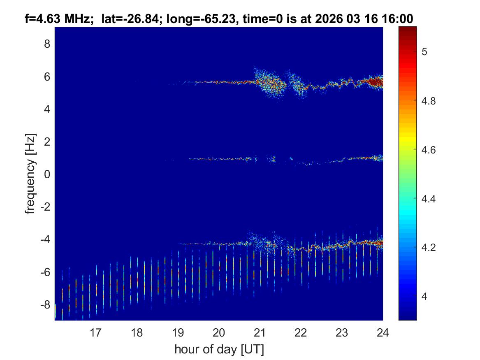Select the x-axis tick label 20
(x=219, y=332)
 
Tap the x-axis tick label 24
(x=383, y=332)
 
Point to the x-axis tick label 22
(x=301, y=332)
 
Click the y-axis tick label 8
(x=47, y=44)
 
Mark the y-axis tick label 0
(x=47, y=174)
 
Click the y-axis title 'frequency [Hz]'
(x=30, y=174)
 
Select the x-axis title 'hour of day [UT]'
(x=219, y=350)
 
